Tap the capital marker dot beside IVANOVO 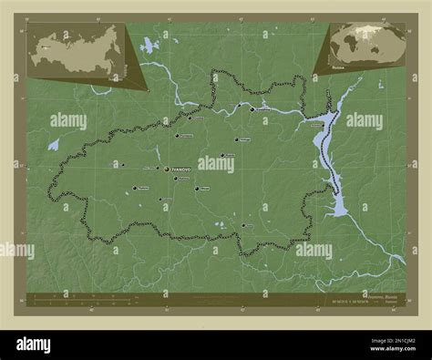[167, 169]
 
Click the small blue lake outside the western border [54, 144]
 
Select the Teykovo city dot [136, 189]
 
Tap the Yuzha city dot [241, 225]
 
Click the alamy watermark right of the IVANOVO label [216, 164]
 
